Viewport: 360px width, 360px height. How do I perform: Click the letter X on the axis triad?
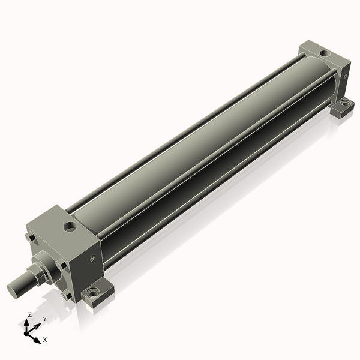coord(45,340)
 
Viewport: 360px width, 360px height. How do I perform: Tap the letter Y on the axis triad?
coord(45,319)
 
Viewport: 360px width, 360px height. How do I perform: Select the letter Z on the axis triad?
coord(29,314)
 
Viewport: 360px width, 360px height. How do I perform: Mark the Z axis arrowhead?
coord(26,323)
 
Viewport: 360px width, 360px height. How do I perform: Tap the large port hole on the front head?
coord(70,227)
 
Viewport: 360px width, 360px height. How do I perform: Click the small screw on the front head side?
coord(93,259)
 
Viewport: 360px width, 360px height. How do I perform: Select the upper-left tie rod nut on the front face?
coord(31,237)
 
